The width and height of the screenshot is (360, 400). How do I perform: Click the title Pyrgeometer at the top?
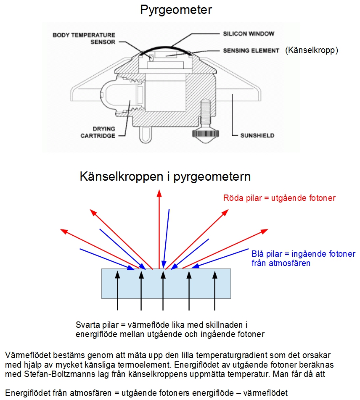click(x=176, y=10)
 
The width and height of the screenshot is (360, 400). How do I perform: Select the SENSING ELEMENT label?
click(x=251, y=50)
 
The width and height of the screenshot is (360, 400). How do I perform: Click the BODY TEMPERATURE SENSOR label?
click(x=84, y=38)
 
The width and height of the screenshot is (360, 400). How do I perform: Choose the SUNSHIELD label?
click(x=257, y=136)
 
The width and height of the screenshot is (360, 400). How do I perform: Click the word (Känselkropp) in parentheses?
click(x=312, y=50)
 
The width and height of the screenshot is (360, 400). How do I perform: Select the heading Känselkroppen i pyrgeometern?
click(x=165, y=176)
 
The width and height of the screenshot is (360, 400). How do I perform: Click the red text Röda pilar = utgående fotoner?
click(x=279, y=198)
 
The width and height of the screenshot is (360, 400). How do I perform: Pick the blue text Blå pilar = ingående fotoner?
click(x=303, y=254)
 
